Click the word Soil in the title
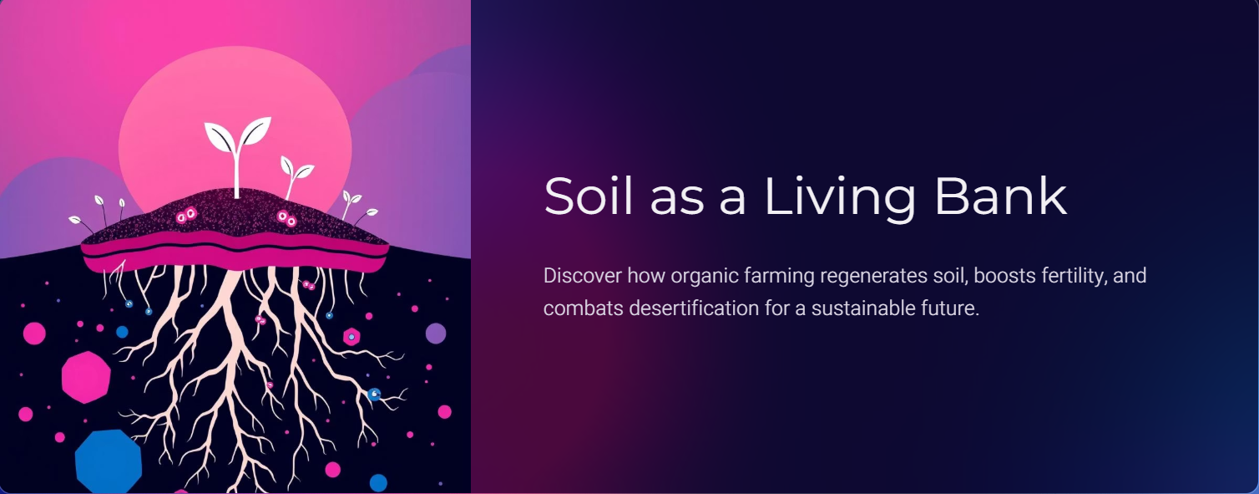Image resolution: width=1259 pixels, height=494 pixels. [588, 196]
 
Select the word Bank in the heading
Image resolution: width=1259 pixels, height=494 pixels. [1001, 196]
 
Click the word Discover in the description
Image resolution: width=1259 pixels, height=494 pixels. [582, 276]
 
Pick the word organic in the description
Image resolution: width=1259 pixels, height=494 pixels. [705, 277]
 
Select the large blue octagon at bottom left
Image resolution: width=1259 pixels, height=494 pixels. [109, 461]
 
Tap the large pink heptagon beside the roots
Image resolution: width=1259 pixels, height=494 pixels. [86, 377]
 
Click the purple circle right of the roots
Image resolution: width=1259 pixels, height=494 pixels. [436, 333]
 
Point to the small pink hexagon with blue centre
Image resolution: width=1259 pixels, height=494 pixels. [351, 337]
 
